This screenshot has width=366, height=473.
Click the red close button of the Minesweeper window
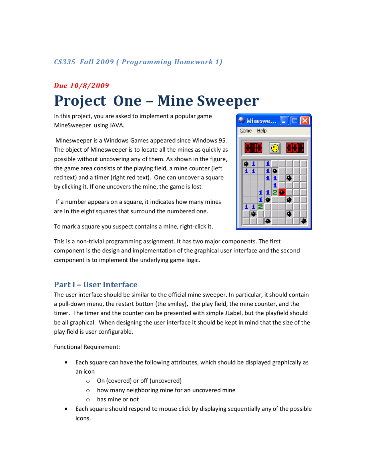tap(305, 121)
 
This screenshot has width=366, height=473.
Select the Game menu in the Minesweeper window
tap(245, 131)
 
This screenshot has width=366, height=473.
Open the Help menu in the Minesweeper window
tap(262, 131)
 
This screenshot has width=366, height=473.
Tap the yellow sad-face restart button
tap(275, 148)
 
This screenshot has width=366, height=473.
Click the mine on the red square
tap(282, 193)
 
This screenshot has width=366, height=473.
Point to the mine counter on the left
tap(253, 148)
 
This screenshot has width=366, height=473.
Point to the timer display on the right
tap(295, 148)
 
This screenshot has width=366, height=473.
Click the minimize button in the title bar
tap(284, 121)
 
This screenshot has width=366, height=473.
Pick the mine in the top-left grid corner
tap(246, 164)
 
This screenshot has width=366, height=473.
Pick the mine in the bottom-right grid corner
tap(304, 221)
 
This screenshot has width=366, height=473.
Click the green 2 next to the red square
tap(275, 193)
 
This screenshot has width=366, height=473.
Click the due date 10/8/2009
tap(89, 86)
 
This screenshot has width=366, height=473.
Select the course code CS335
tap(65, 62)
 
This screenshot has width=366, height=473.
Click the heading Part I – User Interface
tap(96, 284)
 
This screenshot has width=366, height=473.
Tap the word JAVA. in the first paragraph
tap(117, 125)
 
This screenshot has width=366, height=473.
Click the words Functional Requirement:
tap(87, 347)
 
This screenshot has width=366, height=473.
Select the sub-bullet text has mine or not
tap(118, 399)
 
